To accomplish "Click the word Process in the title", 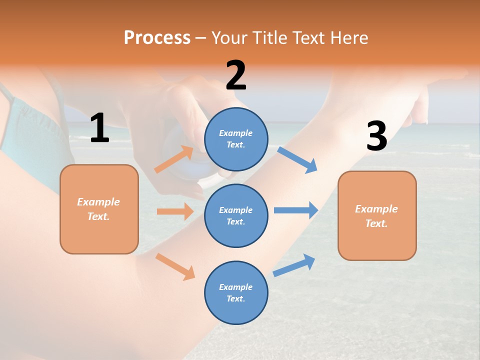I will (157, 37).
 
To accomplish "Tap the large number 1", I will (99, 128).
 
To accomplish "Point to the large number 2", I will (236, 76).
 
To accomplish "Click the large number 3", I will (376, 136).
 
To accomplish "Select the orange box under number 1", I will (99, 209).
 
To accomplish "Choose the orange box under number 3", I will (377, 215).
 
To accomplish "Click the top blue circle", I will (236, 139).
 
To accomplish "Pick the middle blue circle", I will (236, 215).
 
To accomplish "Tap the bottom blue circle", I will (236, 292).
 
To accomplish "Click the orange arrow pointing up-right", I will (174, 159).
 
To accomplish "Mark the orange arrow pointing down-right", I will (175, 266).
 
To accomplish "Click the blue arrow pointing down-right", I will (297, 160).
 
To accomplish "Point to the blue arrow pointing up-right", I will (294, 265).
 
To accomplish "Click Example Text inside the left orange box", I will (98, 209).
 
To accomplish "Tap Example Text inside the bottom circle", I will (235, 292).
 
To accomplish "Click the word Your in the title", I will (230, 37).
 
